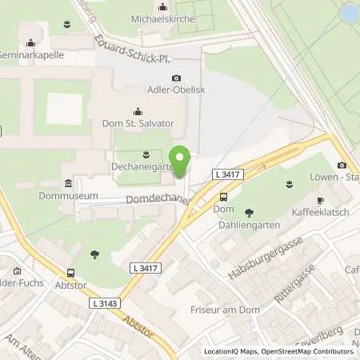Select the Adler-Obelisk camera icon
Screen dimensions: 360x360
[x=177, y=78]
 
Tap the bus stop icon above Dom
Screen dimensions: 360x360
[x=223, y=197]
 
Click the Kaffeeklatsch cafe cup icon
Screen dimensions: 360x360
[x=319, y=200]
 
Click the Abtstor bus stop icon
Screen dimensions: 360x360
[x=71, y=272]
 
